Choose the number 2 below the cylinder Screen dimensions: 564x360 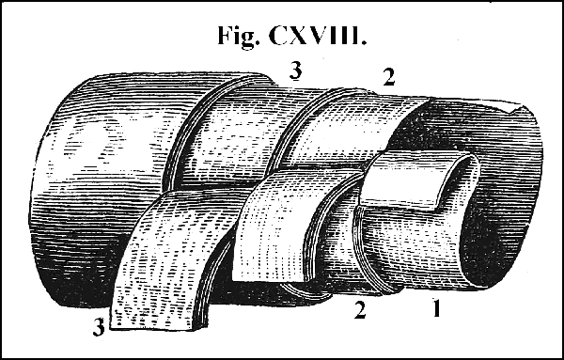pyautogui.click(x=358, y=309)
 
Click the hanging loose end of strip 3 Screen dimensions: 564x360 pyautogui.click(x=164, y=273)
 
